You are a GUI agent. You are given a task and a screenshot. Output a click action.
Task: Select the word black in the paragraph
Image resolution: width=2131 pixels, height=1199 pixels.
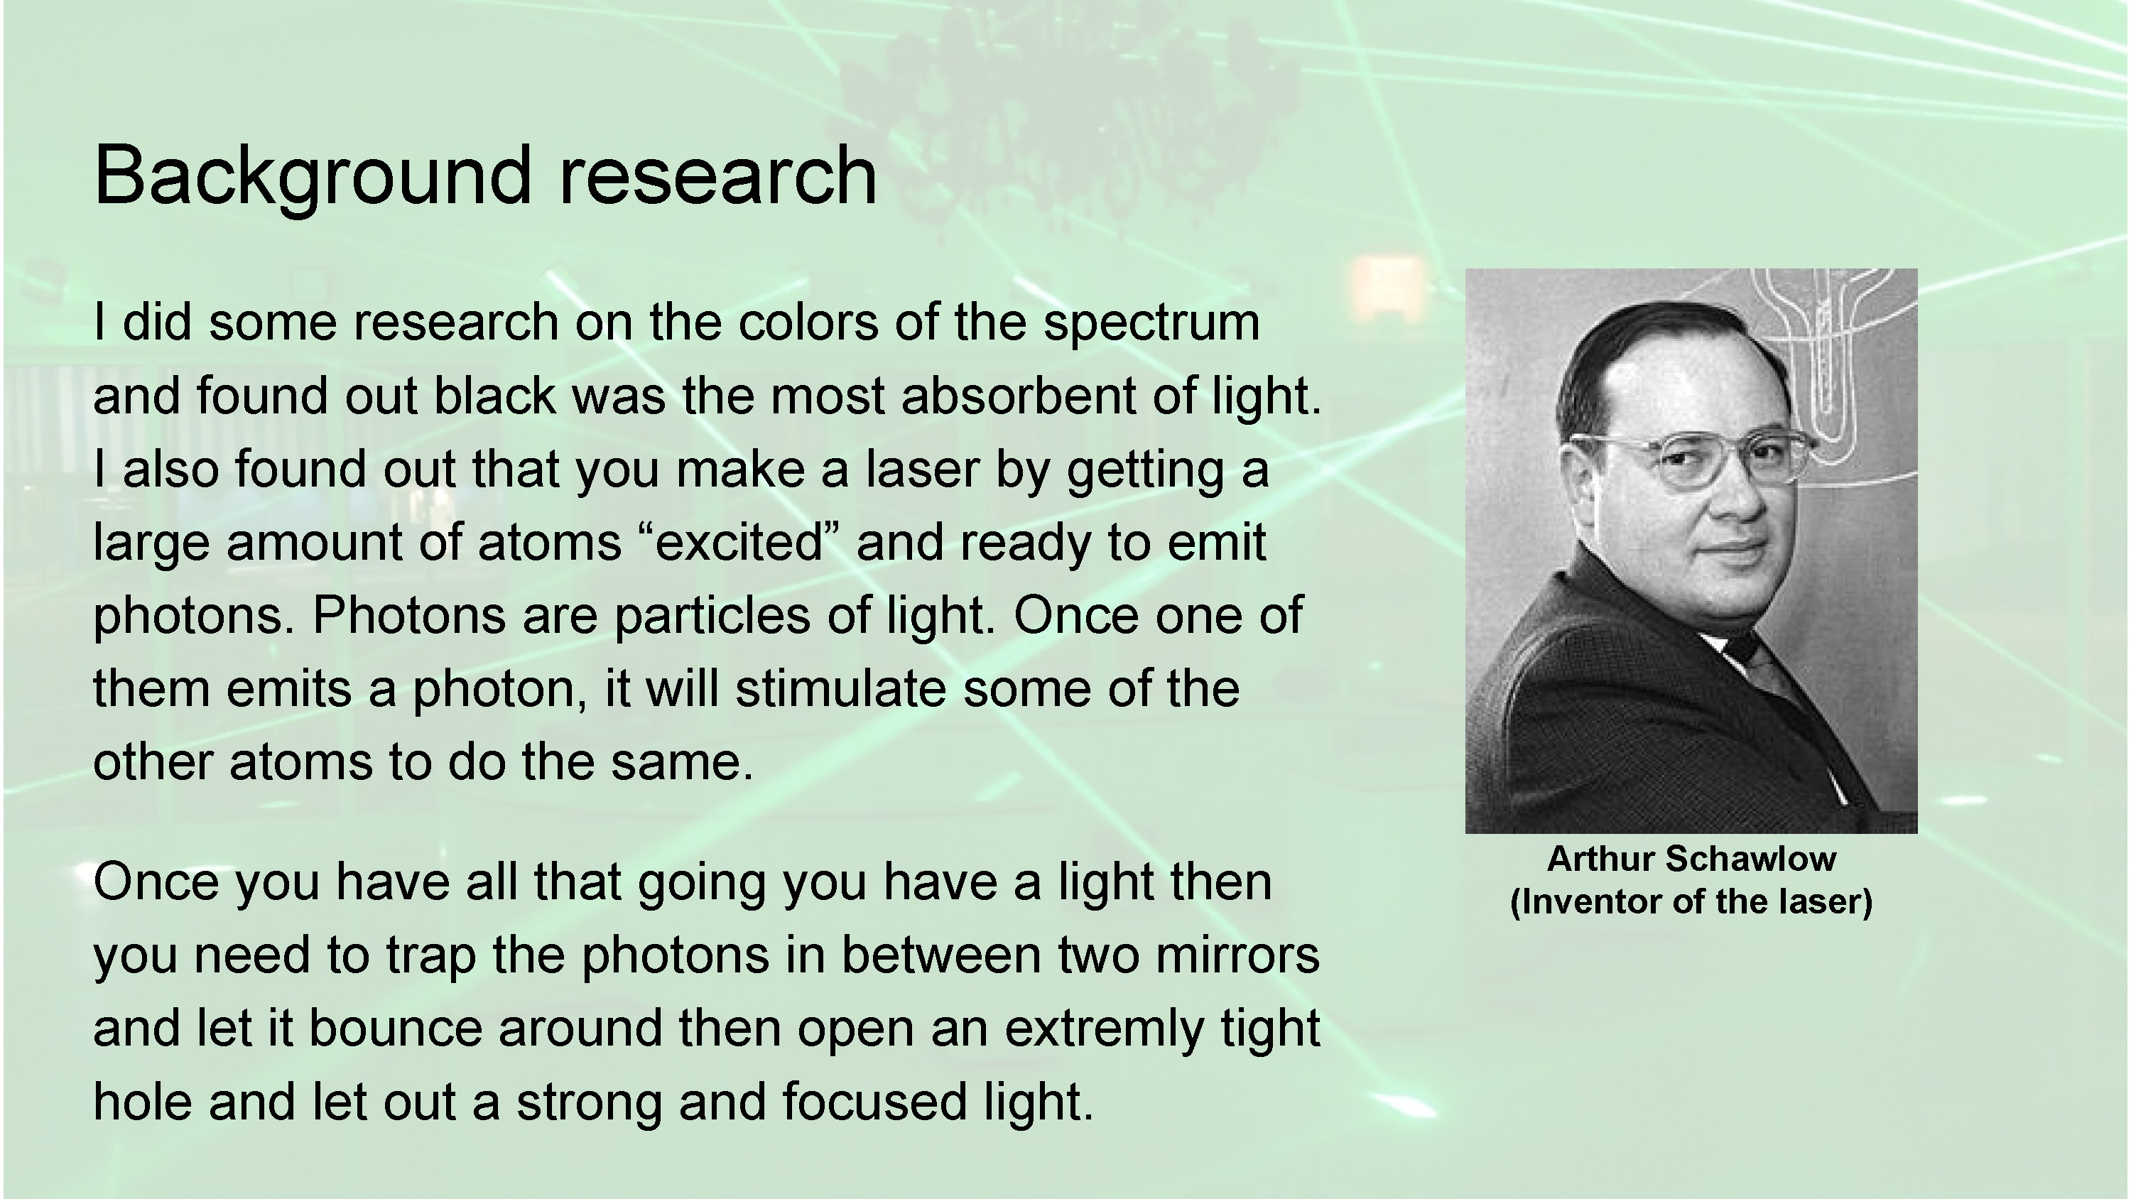tap(494, 396)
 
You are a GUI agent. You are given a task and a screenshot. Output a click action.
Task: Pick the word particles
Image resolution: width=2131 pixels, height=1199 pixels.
tap(712, 617)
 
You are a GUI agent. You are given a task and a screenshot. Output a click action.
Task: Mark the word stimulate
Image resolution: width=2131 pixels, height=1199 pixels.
tap(840, 689)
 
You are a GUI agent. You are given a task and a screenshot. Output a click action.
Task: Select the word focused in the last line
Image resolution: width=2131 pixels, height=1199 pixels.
tap(874, 1102)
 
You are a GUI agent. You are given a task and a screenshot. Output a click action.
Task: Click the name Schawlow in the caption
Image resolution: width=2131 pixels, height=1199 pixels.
tap(1750, 859)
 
